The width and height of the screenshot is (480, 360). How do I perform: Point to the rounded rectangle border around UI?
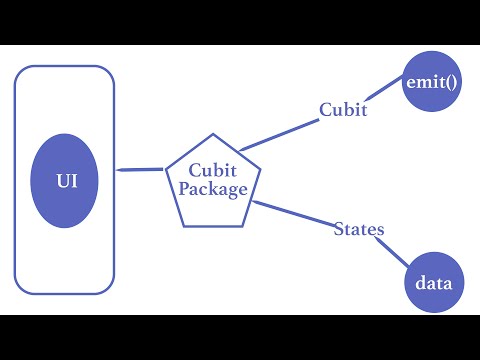16,180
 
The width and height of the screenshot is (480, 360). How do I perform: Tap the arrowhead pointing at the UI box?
121,170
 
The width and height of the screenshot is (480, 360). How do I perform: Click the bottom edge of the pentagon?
212,225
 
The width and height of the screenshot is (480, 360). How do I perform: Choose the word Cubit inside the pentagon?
212,170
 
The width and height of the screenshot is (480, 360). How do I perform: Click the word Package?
212,187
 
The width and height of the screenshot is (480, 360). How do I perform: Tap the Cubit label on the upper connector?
343,109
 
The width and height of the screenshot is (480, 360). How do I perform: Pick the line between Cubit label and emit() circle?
386,96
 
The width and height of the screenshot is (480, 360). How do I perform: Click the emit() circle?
432,82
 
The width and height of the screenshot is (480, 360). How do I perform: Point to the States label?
358,230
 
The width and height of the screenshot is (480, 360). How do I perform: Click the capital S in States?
338,230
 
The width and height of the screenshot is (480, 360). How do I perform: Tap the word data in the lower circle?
433,283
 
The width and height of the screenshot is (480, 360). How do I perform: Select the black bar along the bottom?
240,337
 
